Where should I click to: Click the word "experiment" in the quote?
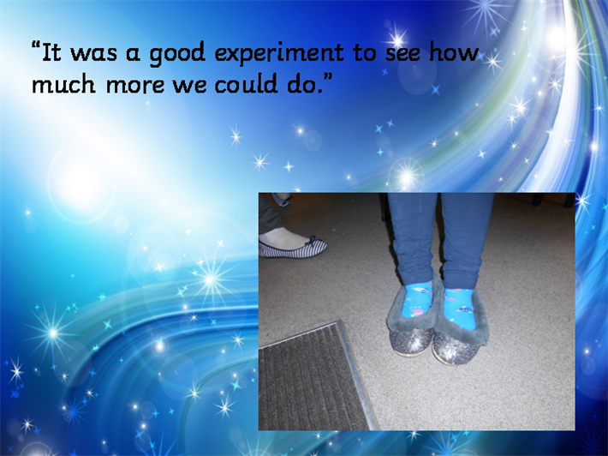pyautogui.click(x=279, y=53)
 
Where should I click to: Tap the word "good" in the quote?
pyautogui.click(x=176, y=54)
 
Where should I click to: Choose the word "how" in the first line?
pyautogui.click(x=454, y=52)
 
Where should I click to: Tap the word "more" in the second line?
pyautogui.click(x=135, y=85)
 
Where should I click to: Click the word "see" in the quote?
pyautogui.click(x=402, y=54)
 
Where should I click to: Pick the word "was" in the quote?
pyautogui.click(x=93, y=54)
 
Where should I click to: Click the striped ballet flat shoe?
pyautogui.click(x=292, y=248)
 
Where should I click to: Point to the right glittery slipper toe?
pyautogui.click(x=456, y=348)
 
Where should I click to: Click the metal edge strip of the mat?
pyautogui.click(x=358, y=375)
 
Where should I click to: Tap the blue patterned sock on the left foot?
pyautogui.click(x=417, y=300)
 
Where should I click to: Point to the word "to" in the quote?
pyautogui.click(x=365, y=53)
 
